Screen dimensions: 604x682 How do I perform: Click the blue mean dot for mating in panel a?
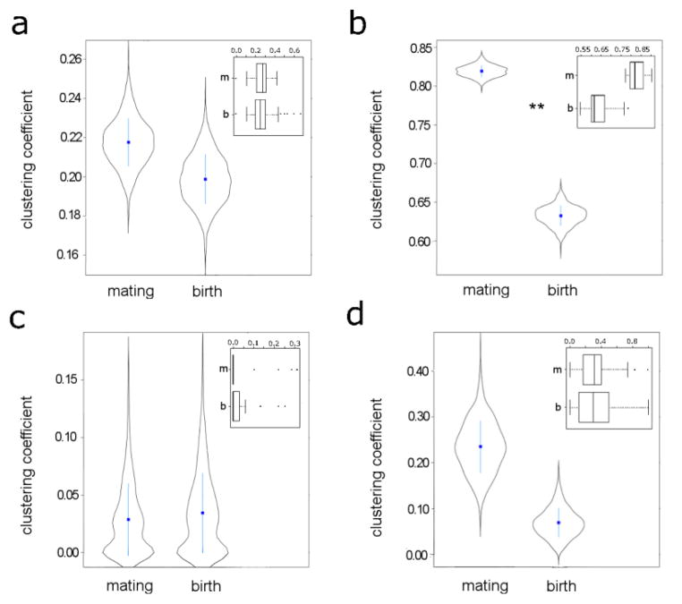coord(128,142)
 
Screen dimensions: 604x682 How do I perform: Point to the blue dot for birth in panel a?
coord(205,179)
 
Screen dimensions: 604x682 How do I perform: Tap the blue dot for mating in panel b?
coord(482,72)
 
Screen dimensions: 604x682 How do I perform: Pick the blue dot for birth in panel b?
coord(561,216)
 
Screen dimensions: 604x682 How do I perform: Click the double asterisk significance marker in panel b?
coord(537,108)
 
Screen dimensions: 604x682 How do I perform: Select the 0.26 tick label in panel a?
coord(68,59)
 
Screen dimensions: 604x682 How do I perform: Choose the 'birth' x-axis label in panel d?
coord(561,585)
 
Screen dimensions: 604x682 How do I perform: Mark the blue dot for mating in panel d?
coord(481,447)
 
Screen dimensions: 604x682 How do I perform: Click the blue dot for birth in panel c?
coord(202,513)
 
